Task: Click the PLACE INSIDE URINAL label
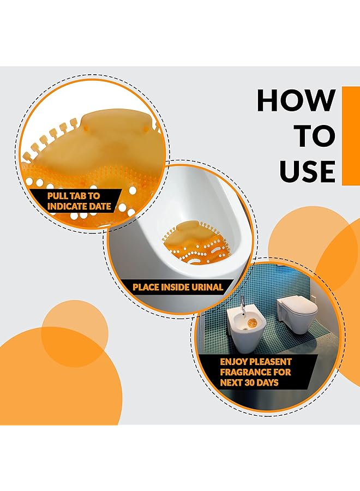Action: [x=178, y=286]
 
